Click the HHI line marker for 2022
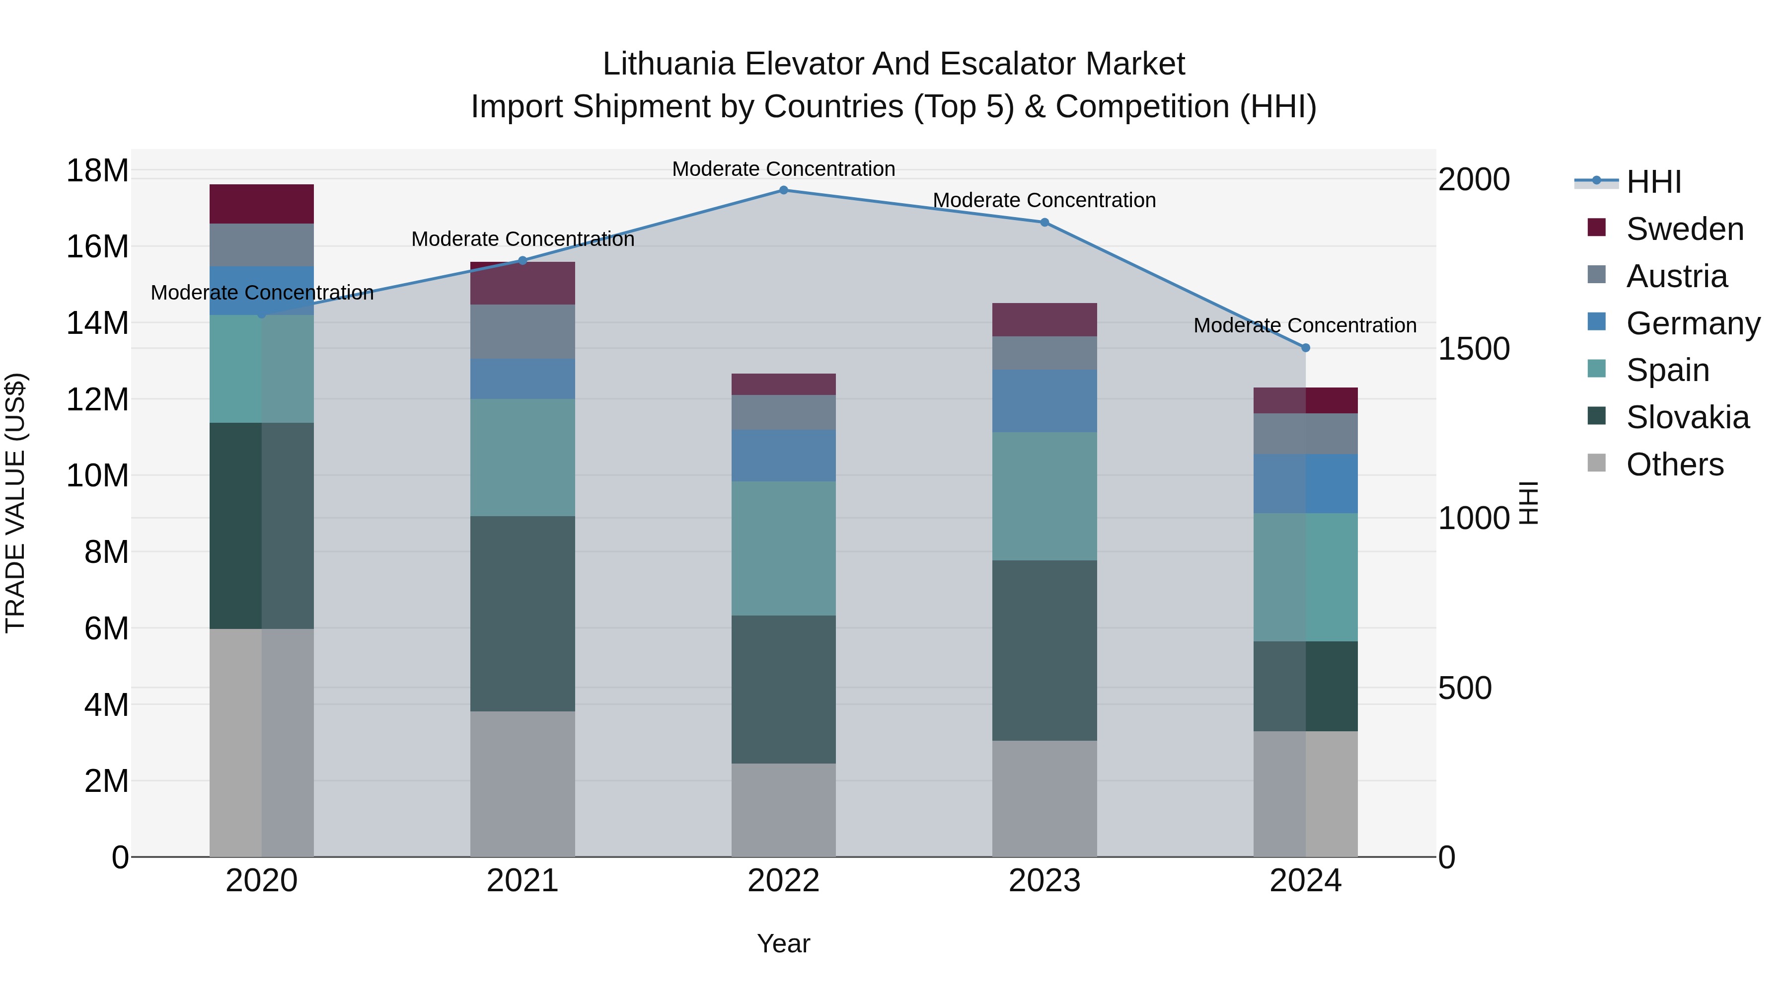(x=784, y=190)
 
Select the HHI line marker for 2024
(x=1306, y=348)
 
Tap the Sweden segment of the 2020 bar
(x=262, y=204)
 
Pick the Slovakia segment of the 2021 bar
(x=522, y=613)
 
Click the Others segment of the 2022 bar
(x=784, y=810)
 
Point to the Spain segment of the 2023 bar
(x=1044, y=496)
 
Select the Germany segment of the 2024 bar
(x=1306, y=484)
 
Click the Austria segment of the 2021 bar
(x=522, y=331)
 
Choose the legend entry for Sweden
(x=1685, y=229)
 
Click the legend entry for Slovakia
(x=1687, y=417)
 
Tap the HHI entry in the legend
(x=1653, y=182)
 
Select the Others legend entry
(x=1674, y=464)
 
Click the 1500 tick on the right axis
(x=1474, y=349)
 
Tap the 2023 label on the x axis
(x=1044, y=881)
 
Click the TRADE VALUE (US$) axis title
(x=15, y=503)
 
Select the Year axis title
(x=784, y=943)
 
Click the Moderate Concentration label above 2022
(x=784, y=169)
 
